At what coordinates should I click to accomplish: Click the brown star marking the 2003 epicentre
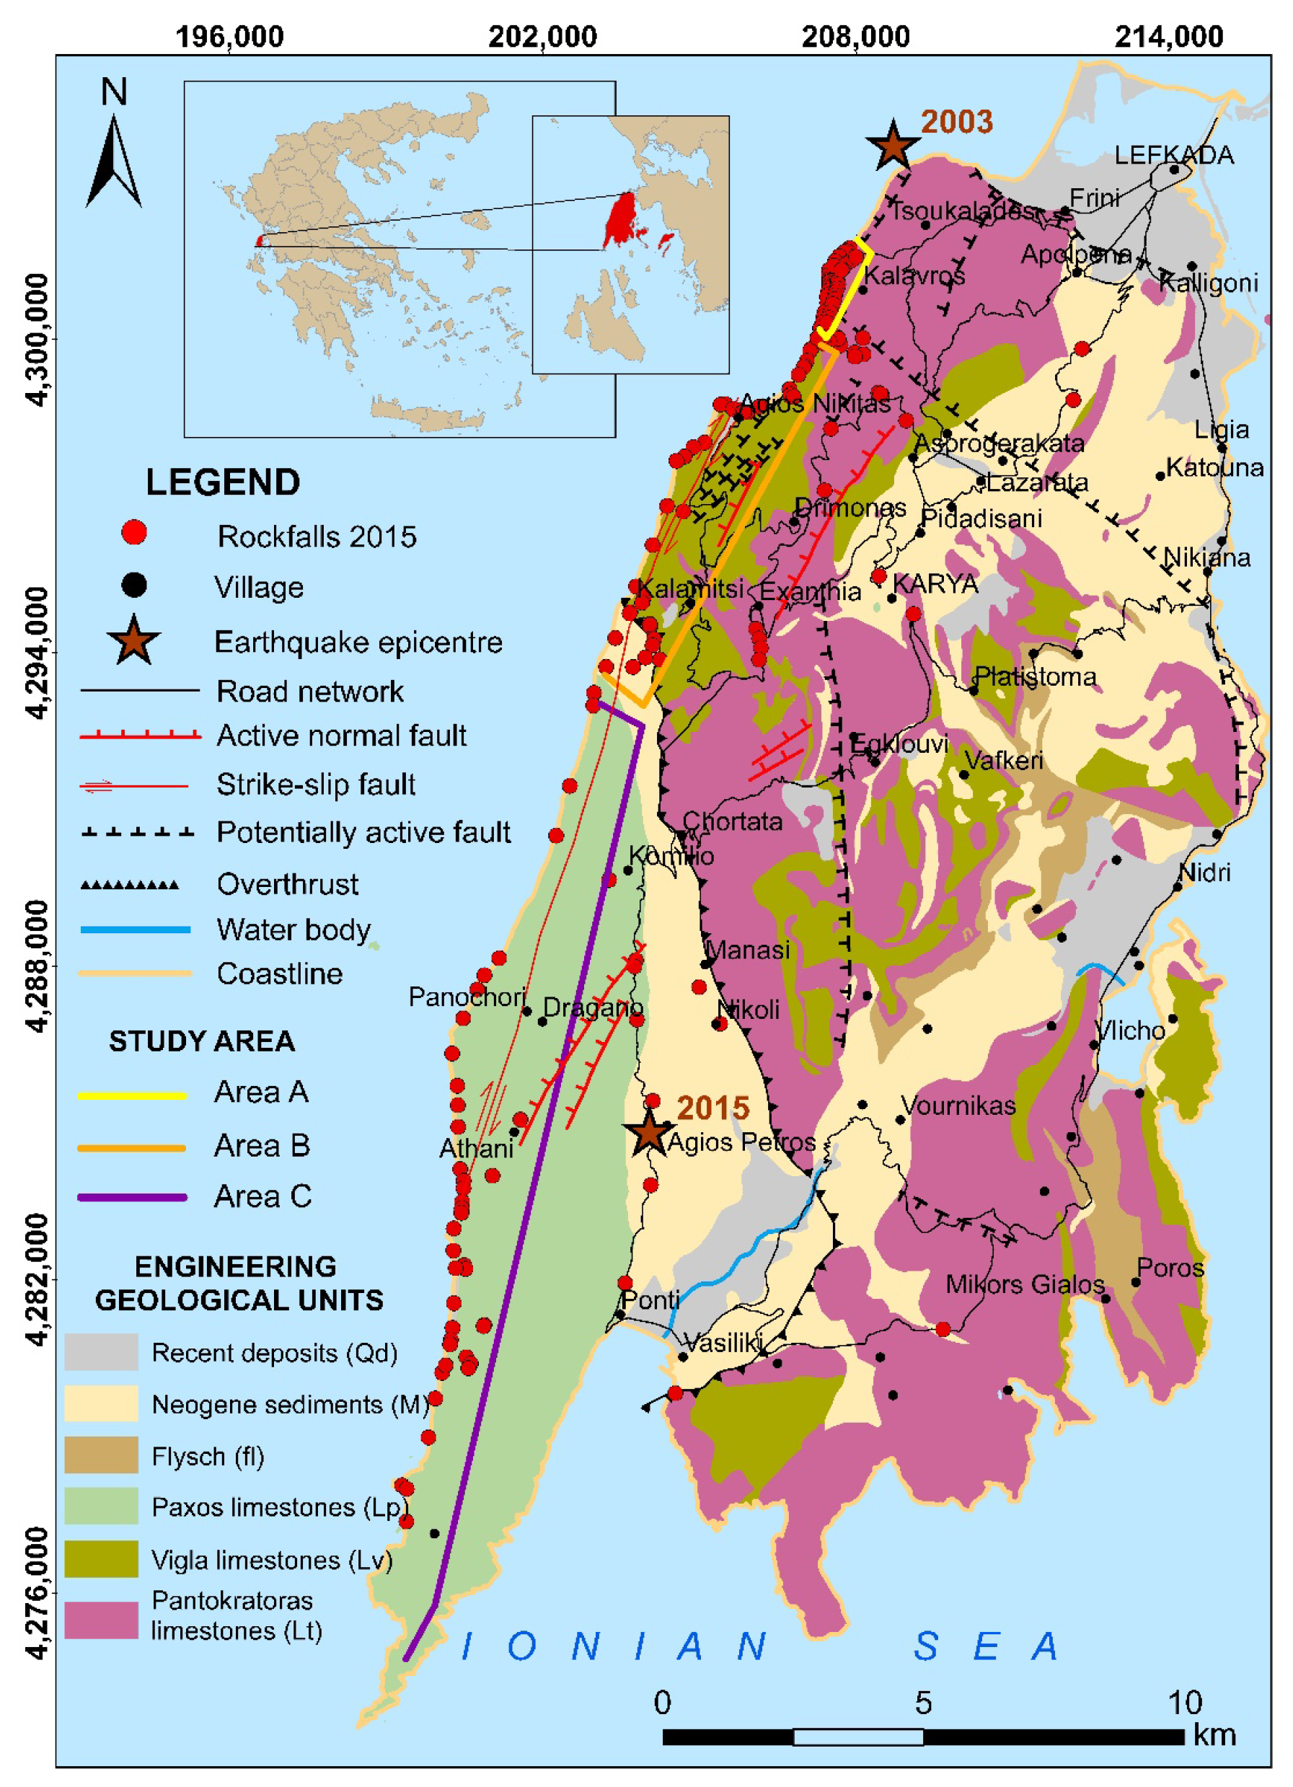coord(892,145)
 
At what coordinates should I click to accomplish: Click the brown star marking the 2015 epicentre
coord(648,1131)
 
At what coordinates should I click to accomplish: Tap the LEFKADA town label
coord(1173,155)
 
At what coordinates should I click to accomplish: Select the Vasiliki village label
coord(722,1343)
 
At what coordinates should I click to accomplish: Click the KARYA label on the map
coord(935,584)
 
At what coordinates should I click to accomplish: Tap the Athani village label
coord(476,1148)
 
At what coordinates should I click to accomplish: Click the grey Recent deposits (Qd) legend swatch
coord(101,1352)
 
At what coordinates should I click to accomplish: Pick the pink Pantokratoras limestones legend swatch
coord(101,1620)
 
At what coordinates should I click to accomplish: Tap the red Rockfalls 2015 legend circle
coord(134,534)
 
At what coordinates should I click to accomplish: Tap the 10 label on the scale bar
coord(1183,1703)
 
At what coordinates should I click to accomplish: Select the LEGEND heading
coord(223,482)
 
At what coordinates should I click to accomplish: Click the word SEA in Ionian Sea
coord(985,1646)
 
